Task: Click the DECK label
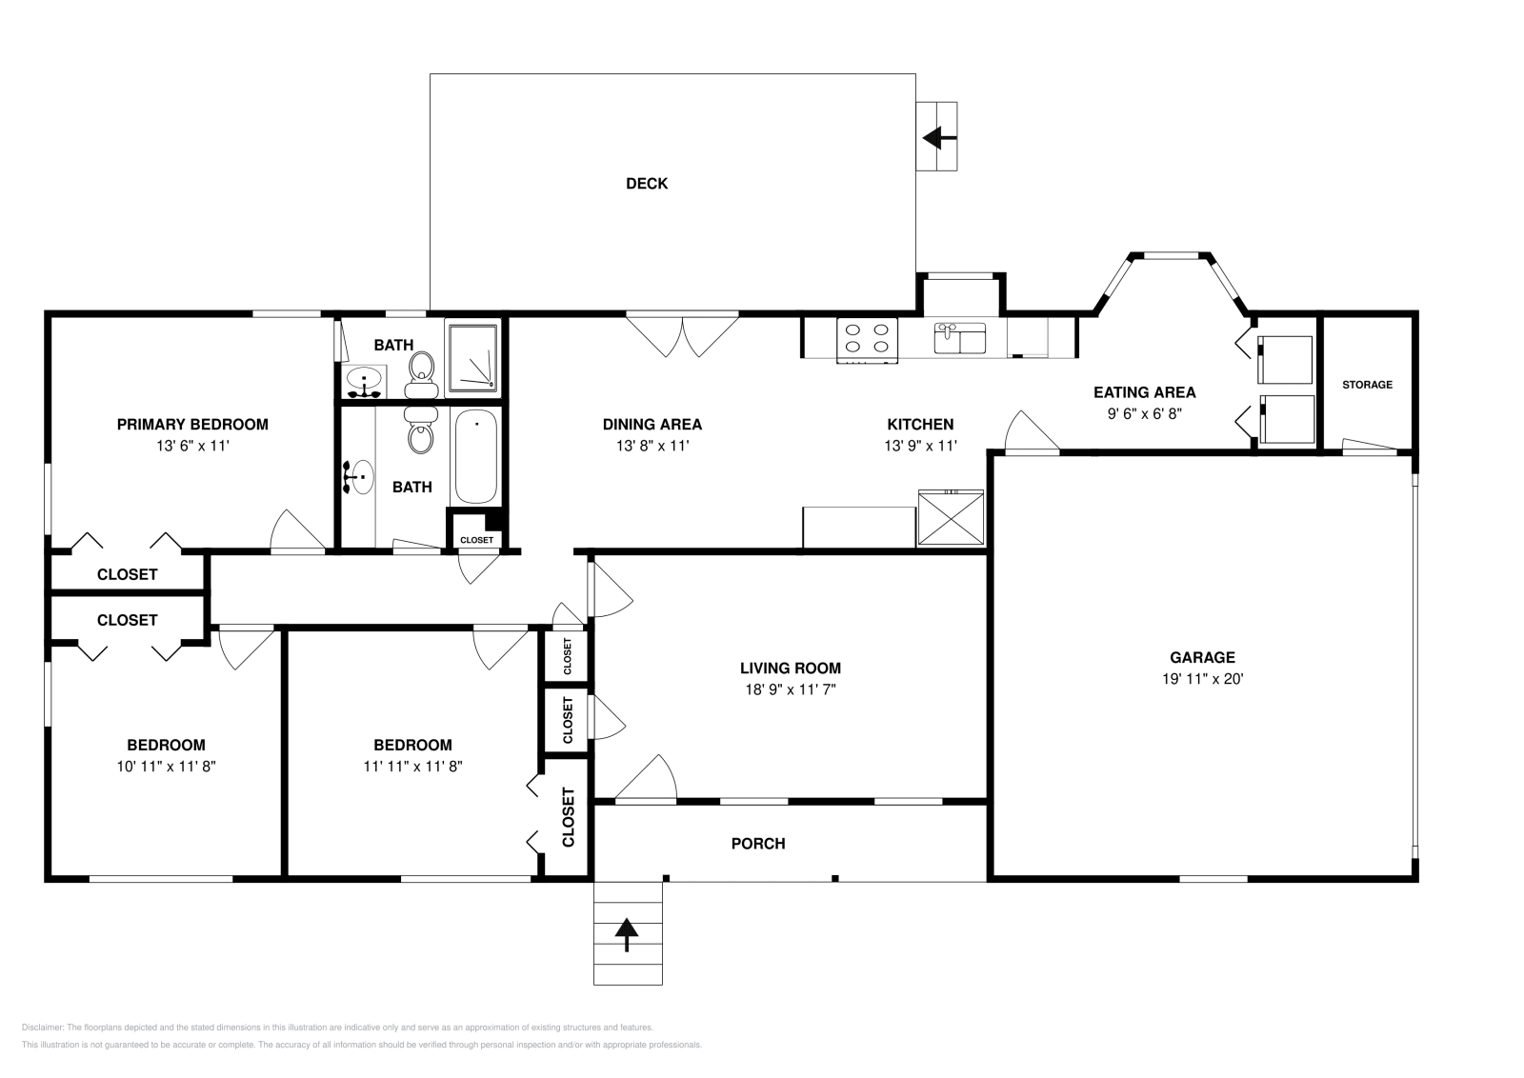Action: [x=646, y=184]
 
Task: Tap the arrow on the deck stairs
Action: [x=938, y=138]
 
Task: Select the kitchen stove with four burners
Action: [x=868, y=339]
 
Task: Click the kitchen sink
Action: [x=959, y=338]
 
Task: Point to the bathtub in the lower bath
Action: [x=475, y=457]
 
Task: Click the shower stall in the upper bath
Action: [x=472, y=357]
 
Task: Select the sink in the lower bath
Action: [x=360, y=475]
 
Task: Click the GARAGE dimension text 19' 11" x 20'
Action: [x=1202, y=679]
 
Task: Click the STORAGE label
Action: [x=1367, y=385]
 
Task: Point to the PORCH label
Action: [x=758, y=844]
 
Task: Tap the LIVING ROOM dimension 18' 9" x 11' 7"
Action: [x=790, y=690]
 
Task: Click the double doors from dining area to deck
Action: [x=682, y=333]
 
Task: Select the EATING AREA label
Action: [x=1144, y=392]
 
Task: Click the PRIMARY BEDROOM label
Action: [x=192, y=425]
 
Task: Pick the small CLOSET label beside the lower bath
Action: [x=476, y=540]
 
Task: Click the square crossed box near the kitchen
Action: [x=951, y=519]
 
